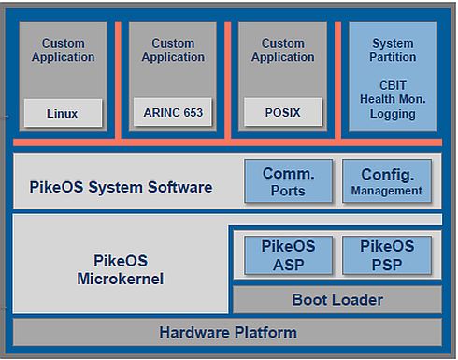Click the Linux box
[x=62, y=114]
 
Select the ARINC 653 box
[x=173, y=114]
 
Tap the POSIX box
[x=282, y=114]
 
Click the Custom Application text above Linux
[x=63, y=50]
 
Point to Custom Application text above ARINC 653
[x=173, y=50]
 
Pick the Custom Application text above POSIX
[x=282, y=50]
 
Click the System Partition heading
[x=393, y=50]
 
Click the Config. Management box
[x=387, y=181]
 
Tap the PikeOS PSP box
[x=387, y=254]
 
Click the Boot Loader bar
[x=336, y=300]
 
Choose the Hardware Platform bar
[x=228, y=332]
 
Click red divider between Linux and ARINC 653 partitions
[x=118, y=79]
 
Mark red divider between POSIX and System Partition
[x=337, y=79]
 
